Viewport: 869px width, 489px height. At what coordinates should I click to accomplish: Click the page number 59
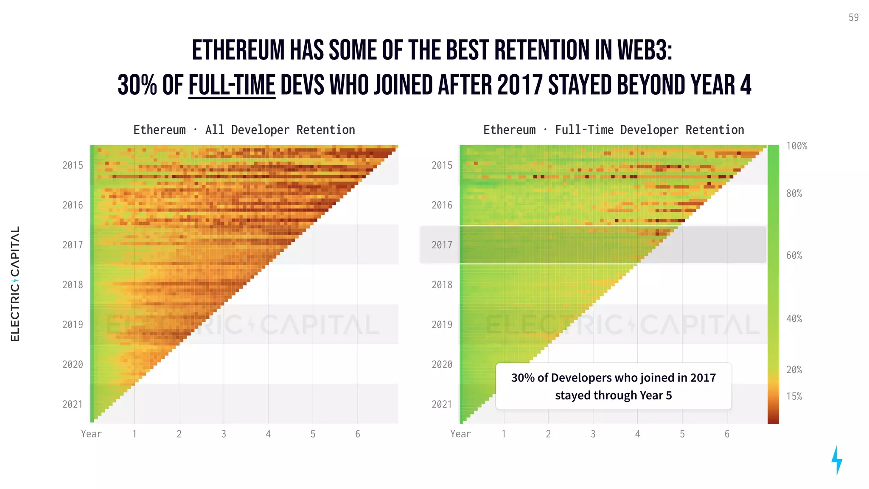click(853, 17)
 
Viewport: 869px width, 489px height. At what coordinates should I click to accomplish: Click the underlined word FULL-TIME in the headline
click(232, 85)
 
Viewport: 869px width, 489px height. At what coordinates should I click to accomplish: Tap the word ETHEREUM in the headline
click(238, 50)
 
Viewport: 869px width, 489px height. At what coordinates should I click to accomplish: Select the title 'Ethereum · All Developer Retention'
click(244, 130)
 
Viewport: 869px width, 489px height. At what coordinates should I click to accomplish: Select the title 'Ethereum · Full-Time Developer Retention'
click(614, 130)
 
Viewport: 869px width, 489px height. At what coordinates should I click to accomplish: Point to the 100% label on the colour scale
click(796, 146)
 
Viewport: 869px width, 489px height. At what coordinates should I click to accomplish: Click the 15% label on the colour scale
click(794, 396)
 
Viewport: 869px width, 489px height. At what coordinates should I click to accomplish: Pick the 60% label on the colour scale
click(794, 256)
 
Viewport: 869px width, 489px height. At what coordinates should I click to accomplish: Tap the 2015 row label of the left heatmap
click(73, 166)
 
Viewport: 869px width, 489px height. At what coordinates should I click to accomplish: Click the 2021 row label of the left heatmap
click(73, 405)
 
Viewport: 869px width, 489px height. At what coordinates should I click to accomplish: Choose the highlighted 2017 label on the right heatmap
click(442, 245)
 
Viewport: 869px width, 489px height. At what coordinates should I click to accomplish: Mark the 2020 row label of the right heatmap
click(442, 365)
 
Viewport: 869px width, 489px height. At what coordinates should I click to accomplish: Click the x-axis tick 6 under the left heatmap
click(358, 434)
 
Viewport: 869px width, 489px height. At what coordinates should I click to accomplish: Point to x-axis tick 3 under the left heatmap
click(224, 434)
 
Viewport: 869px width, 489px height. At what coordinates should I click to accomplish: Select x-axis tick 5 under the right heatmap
click(682, 434)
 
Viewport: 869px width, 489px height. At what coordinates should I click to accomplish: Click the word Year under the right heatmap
click(460, 434)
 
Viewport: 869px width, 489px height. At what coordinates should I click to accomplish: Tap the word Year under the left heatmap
click(91, 434)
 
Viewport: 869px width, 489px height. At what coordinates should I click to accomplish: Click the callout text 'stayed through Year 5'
click(613, 396)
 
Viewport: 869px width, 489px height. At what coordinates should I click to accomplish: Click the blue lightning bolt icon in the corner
click(837, 460)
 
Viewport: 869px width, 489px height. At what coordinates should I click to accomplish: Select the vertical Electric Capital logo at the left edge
click(15, 284)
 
